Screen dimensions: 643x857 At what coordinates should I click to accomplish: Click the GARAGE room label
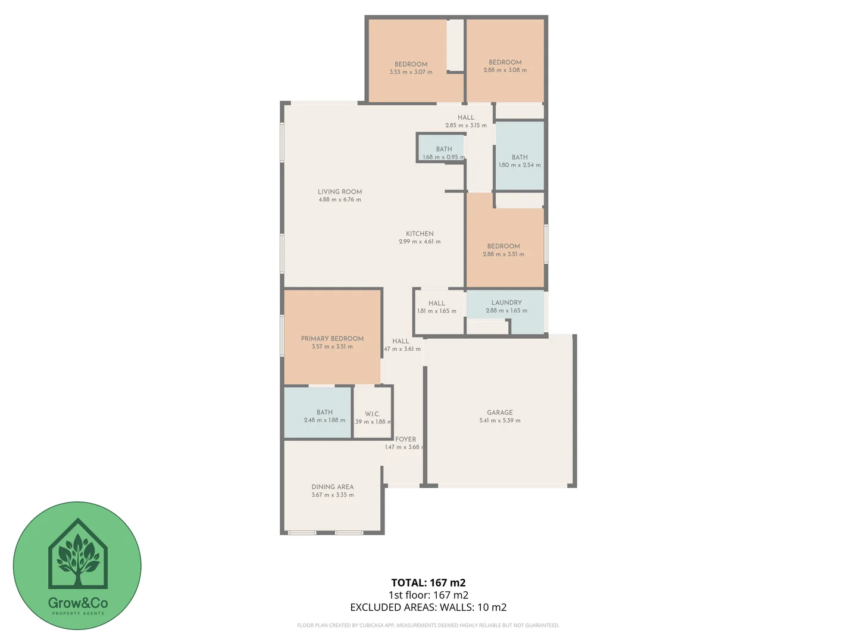(x=499, y=412)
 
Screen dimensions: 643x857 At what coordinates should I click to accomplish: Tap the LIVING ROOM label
(x=339, y=192)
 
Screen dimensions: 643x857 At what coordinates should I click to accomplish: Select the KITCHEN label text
(x=420, y=233)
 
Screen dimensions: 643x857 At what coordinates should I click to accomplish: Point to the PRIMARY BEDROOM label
(x=332, y=338)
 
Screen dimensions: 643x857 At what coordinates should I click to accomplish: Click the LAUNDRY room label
(x=506, y=302)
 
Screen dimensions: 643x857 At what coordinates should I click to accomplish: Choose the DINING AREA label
(x=332, y=486)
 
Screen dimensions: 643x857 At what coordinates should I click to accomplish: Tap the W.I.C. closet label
(x=372, y=414)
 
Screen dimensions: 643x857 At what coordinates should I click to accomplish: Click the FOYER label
(x=405, y=439)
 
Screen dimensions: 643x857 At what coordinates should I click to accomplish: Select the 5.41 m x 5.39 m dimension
(x=499, y=420)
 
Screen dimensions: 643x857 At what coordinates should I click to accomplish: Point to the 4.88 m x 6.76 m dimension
(x=339, y=200)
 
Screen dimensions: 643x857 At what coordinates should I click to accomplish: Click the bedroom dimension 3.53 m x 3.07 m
(x=411, y=72)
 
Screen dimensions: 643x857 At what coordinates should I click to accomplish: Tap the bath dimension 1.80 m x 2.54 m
(x=520, y=165)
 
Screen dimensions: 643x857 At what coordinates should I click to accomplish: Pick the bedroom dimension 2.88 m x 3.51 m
(x=503, y=254)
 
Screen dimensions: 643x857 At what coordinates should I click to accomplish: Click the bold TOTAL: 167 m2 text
(x=428, y=583)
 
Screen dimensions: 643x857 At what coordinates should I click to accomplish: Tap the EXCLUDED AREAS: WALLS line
(x=428, y=607)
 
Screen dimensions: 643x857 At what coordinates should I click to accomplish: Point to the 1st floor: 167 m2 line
(x=428, y=595)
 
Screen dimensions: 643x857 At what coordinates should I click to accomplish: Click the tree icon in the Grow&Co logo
(x=77, y=555)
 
